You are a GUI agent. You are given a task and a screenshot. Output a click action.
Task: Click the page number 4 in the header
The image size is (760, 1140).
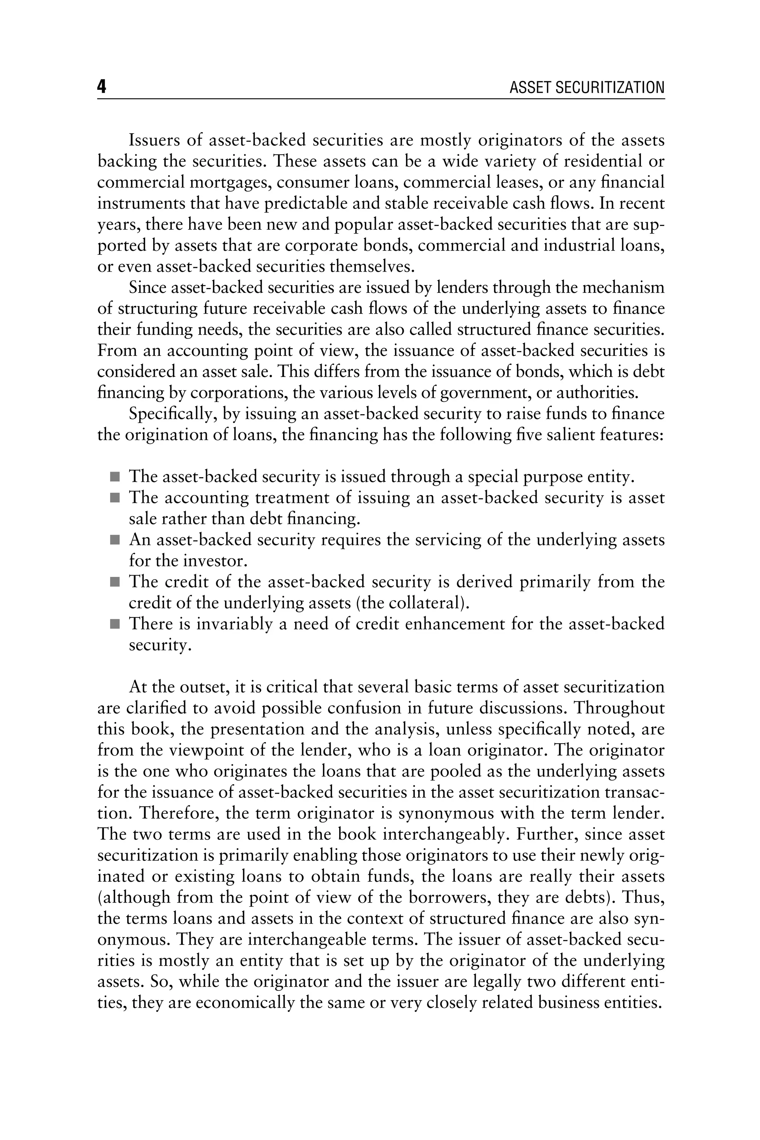[x=101, y=87]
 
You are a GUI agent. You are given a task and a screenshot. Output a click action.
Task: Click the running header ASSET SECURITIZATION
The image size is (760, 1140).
[x=586, y=88]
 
